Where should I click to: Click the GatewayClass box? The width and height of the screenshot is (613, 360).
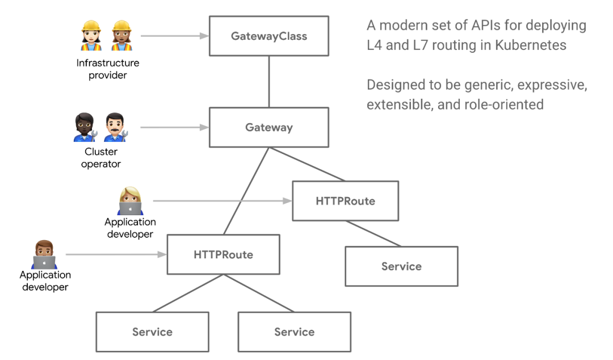click(x=268, y=36)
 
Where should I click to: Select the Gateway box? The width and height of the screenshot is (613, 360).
click(x=268, y=127)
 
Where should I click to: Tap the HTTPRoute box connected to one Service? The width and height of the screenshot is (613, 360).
click(x=345, y=201)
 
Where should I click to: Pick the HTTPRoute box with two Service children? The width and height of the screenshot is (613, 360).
click(x=223, y=255)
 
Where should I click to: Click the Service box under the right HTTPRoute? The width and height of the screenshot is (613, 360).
click(x=401, y=266)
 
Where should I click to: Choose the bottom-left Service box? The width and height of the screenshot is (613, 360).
click(x=152, y=332)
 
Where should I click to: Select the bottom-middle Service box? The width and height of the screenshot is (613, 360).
click(x=294, y=332)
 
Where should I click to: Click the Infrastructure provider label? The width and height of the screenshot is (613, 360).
click(x=108, y=69)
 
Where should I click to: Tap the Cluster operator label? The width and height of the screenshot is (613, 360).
click(x=101, y=158)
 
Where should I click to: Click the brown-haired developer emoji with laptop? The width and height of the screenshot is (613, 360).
click(x=44, y=254)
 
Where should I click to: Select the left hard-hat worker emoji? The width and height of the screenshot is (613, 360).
click(x=91, y=36)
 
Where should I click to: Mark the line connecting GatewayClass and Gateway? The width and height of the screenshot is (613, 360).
click(x=269, y=81)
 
